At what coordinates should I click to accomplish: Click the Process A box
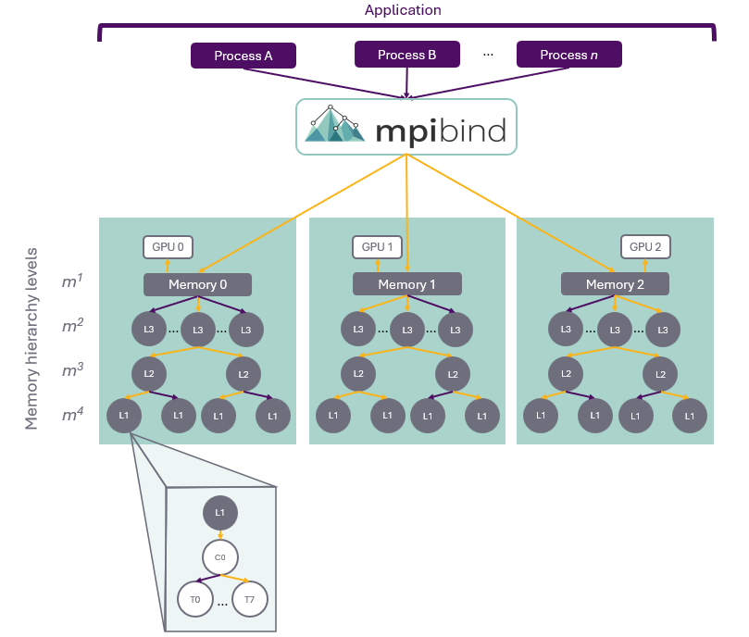point(243,56)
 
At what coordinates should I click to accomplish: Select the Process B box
point(407,55)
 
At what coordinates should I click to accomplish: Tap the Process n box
point(568,55)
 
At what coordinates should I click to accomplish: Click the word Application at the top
point(403,10)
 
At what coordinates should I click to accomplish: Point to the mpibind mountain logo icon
point(334,124)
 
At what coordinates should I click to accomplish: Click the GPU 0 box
point(168,247)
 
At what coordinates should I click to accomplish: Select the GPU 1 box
point(377,247)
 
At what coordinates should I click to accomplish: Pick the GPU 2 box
point(645,247)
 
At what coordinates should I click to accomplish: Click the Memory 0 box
point(198,285)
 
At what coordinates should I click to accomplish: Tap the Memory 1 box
point(407,284)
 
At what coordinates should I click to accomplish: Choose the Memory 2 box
point(615,284)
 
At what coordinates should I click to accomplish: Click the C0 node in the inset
point(220,557)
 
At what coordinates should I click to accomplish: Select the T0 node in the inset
point(195,599)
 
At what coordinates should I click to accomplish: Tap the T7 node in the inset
point(250,599)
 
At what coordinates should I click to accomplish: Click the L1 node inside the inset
point(220,513)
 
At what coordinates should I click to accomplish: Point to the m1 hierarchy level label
point(72,281)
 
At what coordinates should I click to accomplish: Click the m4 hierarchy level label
point(72,414)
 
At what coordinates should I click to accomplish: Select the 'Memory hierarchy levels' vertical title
point(31,338)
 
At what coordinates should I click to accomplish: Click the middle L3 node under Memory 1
point(407,330)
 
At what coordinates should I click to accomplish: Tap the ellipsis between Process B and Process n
point(488,55)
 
